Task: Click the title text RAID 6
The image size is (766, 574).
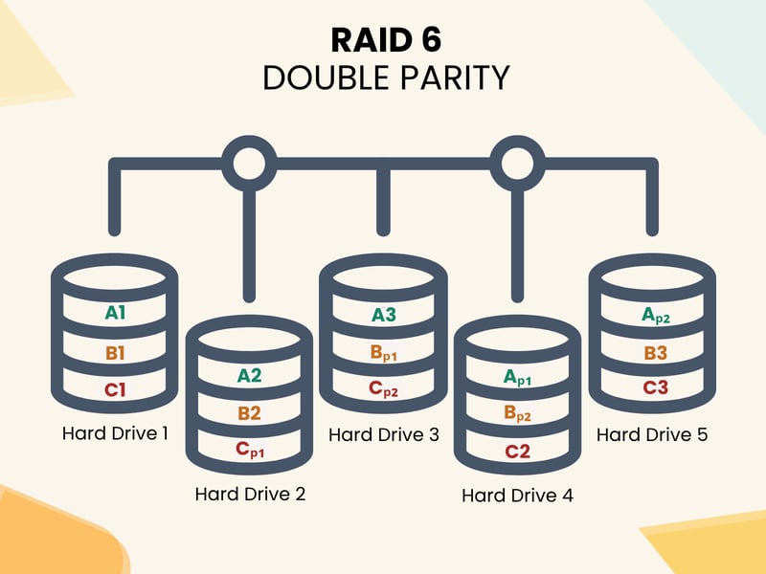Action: coord(383,40)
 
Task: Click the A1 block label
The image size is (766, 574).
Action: coord(116,312)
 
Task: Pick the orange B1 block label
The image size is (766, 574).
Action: coord(116,353)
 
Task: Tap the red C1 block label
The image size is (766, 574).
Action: coord(116,390)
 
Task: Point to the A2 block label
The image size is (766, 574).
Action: coord(249,375)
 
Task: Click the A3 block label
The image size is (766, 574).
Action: coord(383,314)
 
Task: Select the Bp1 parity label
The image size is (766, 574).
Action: coord(384,353)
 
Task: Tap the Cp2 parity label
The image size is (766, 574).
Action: coord(384,390)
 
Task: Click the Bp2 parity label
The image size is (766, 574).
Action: coord(517,415)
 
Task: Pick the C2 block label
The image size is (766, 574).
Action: coord(517,452)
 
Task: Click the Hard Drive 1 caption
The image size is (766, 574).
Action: coord(116,433)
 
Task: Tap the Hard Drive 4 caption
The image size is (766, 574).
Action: coord(517,496)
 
